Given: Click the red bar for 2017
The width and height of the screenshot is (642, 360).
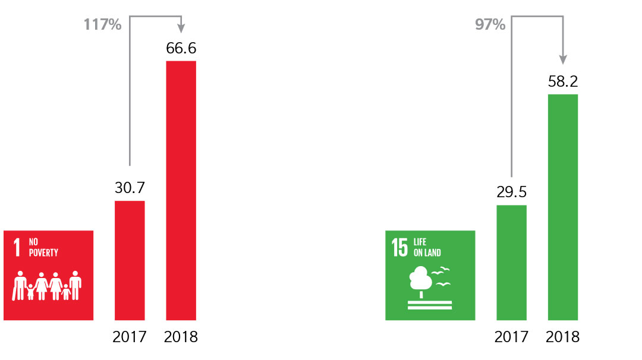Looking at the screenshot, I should pyautogui.click(x=130, y=260).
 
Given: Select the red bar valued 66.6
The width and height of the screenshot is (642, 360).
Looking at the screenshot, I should pyautogui.click(x=181, y=190).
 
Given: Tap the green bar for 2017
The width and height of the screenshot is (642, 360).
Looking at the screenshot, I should pyautogui.click(x=511, y=263).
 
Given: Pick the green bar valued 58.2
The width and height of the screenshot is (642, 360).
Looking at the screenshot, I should pyautogui.click(x=562, y=207).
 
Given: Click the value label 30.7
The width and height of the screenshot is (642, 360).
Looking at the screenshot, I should pyautogui.click(x=130, y=188).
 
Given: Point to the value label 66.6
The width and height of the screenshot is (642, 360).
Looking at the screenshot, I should pyautogui.click(x=181, y=49).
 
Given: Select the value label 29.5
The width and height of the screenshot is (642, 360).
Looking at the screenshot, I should pyautogui.click(x=511, y=192).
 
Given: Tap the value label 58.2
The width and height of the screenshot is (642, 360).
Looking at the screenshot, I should pyautogui.click(x=562, y=81).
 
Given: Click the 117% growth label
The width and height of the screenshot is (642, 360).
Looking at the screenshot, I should pyautogui.click(x=103, y=25).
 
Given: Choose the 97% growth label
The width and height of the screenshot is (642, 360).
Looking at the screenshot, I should pyautogui.click(x=490, y=25).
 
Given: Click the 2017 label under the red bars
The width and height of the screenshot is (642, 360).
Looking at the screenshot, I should pyautogui.click(x=130, y=337).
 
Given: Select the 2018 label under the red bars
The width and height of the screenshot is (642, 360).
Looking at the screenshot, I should pyautogui.click(x=181, y=337).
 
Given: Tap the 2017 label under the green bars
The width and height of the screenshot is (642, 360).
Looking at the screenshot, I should pyautogui.click(x=511, y=337).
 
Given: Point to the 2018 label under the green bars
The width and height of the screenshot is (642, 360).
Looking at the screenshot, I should pyautogui.click(x=562, y=337).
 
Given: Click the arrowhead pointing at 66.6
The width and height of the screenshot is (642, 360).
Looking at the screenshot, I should pyautogui.click(x=181, y=28).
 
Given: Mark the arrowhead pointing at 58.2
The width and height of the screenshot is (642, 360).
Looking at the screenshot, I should pyautogui.click(x=562, y=60).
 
